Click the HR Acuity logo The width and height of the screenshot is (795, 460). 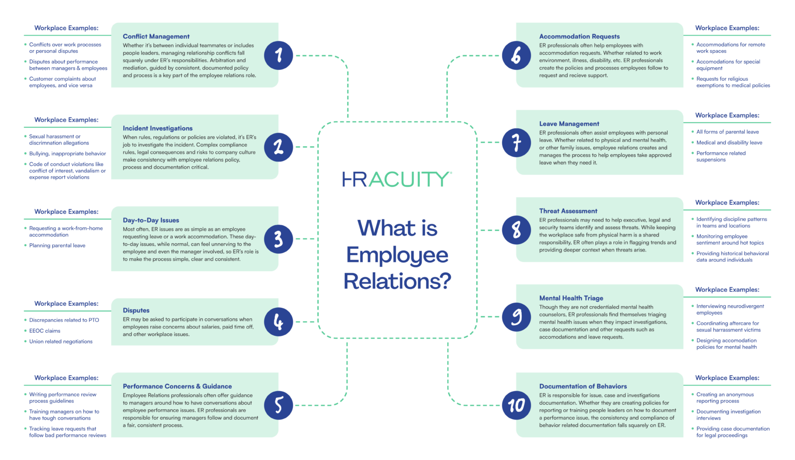(x=397, y=179)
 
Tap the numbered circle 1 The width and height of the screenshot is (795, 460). (x=278, y=55)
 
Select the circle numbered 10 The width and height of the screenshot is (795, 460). (x=517, y=405)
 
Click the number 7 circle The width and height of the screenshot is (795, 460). (x=517, y=143)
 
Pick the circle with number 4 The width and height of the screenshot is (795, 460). (x=278, y=322)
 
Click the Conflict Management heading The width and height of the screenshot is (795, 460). (x=156, y=36)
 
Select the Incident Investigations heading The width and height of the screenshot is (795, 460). (x=157, y=128)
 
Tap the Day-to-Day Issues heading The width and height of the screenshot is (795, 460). (x=151, y=220)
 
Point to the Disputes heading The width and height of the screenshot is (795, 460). (x=136, y=310)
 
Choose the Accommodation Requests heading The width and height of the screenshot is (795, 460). (x=579, y=36)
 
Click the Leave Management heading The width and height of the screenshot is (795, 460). (x=569, y=124)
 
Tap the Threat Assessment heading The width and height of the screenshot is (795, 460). (x=568, y=211)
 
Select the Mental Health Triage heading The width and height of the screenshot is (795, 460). (x=571, y=298)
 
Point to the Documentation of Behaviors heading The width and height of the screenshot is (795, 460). (x=583, y=386)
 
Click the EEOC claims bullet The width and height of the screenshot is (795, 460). (x=45, y=331)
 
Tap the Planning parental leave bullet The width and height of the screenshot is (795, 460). (x=57, y=245)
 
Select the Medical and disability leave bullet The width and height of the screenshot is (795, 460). (x=729, y=142)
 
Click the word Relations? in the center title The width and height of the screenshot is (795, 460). (x=397, y=281)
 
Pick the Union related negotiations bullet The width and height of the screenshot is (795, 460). (x=61, y=342)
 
